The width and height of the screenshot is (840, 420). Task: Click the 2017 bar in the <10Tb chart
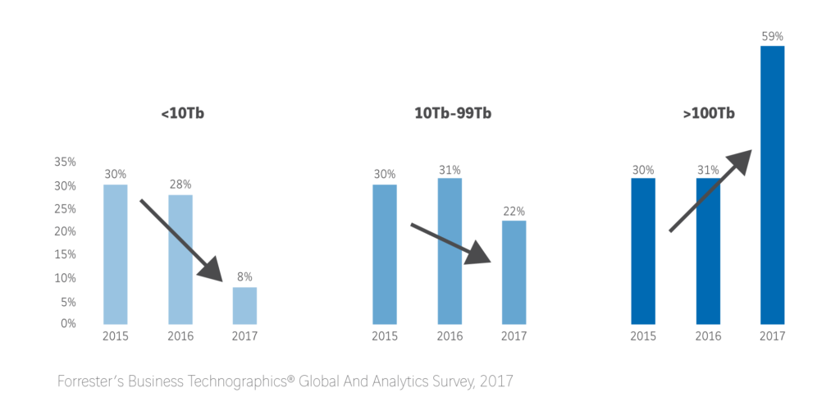(244, 305)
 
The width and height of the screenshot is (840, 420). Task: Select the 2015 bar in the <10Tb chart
(116, 254)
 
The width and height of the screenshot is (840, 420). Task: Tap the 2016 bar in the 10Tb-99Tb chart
(450, 250)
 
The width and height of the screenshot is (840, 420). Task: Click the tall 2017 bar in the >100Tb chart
(772, 185)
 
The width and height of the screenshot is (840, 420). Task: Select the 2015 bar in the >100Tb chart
(643, 250)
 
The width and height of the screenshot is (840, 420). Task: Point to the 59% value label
(773, 36)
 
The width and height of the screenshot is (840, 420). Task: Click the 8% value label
(244, 277)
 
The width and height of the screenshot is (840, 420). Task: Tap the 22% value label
(514, 211)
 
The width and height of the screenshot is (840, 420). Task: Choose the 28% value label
(180, 185)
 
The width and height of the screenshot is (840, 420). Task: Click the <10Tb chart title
(182, 113)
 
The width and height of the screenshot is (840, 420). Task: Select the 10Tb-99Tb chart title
(453, 113)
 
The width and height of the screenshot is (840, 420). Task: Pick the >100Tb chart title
(708, 113)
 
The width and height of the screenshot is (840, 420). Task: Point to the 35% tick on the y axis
(65, 162)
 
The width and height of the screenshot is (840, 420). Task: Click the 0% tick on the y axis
(68, 323)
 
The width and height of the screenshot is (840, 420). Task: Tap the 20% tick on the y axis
(65, 231)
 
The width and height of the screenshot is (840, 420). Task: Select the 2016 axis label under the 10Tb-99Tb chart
(450, 336)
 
